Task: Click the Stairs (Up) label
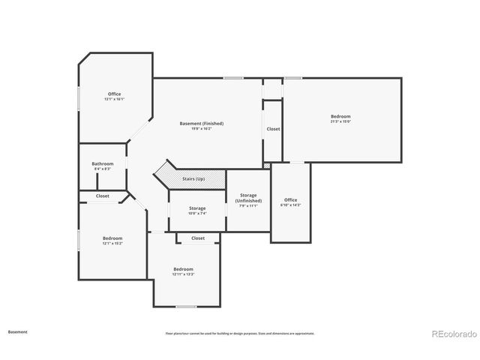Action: coord(193,179)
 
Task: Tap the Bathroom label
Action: coord(103,163)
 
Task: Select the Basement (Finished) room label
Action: coord(201,123)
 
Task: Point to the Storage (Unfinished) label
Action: coord(248,198)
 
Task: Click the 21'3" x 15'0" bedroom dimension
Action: coord(340,121)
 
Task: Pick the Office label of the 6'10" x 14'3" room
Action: coord(290,199)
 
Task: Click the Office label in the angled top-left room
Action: coord(114,94)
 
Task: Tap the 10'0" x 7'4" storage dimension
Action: coord(197,214)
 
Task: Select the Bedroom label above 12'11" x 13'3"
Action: coord(183,268)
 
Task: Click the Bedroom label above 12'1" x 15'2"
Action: coord(112,238)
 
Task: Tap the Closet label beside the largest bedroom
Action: coord(273,129)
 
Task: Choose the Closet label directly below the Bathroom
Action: coord(103,196)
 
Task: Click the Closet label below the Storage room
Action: coord(198,238)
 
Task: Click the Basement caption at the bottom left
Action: coord(18,331)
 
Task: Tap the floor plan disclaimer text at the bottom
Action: coord(240,333)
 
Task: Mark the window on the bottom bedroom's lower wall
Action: coord(186,307)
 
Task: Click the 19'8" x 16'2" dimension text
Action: coord(201,129)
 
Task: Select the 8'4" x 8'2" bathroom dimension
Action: coord(103,169)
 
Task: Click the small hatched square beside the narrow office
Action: coord(266,165)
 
